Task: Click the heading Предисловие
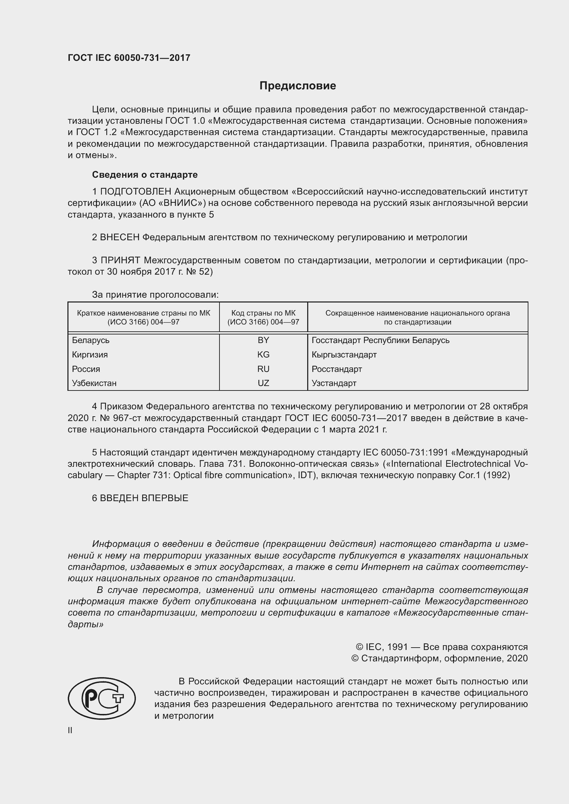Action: (298, 86)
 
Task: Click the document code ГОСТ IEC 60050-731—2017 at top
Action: (129, 58)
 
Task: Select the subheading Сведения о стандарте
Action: (145, 174)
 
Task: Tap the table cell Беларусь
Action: (90, 340)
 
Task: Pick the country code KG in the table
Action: (263, 354)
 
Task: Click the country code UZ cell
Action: (263, 383)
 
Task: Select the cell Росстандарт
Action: (337, 369)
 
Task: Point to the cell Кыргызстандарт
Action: (344, 354)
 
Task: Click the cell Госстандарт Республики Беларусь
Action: (380, 340)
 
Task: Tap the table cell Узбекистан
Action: (94, 383)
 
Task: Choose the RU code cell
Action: (263, 369)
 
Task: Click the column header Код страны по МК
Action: (263, 317)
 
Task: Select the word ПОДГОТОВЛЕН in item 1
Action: (136, 191)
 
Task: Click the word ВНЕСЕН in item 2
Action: (119, 237)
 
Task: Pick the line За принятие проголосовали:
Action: (155, 295)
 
